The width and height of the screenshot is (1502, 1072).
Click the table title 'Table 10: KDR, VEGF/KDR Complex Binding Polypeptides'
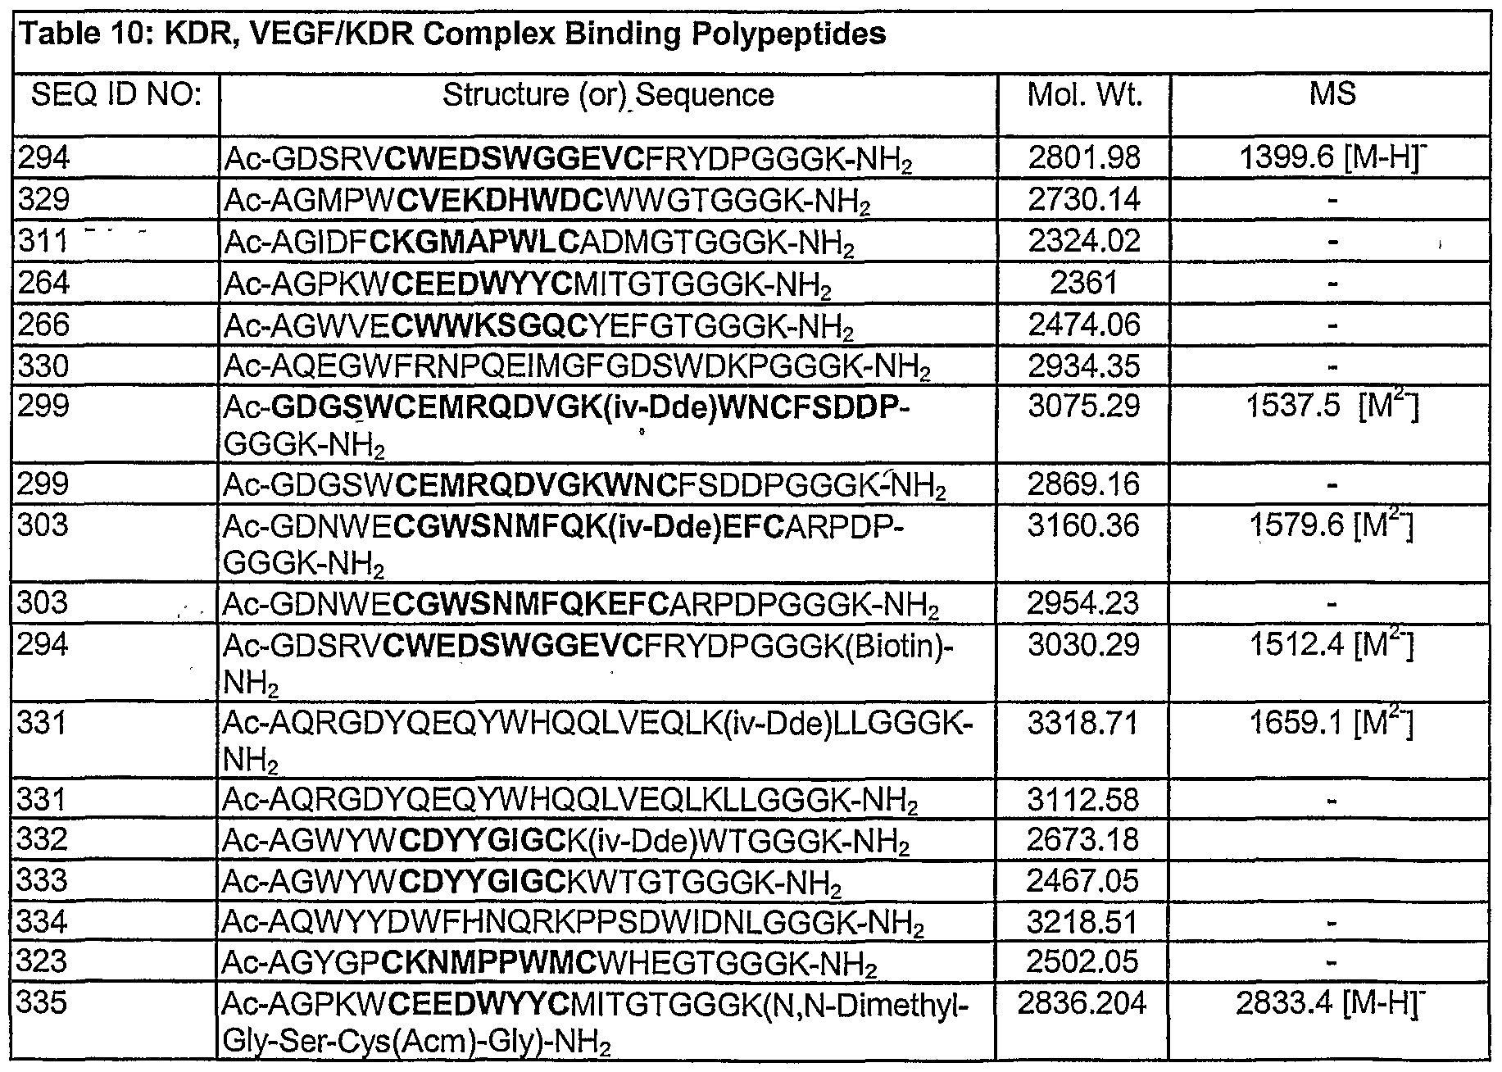click(x=453, y=34)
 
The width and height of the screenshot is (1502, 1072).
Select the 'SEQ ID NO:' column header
click(x=116, y=96)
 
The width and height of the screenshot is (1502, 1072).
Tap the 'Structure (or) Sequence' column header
click(x=608, y=96)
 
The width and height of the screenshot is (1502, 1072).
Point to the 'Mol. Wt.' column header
click(x=1084, y=96)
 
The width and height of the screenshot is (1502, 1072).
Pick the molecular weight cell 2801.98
click(x=1084, y=157)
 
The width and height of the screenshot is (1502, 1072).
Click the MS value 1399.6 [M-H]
click(x=1332, y=157)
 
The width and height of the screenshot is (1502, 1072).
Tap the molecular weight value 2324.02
click(x=1084, y=242)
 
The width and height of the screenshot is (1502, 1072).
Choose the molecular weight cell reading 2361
click(x=1084, y=284)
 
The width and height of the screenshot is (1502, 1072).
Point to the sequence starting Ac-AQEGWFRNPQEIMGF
click(x=577, y=367)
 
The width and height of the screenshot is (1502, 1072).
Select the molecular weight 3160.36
click(x=1084, y=525)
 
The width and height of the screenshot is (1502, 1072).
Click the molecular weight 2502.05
click(x=1084, y=963)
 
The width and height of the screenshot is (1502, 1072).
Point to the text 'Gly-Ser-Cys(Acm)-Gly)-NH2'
click(x=417, y=1043)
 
